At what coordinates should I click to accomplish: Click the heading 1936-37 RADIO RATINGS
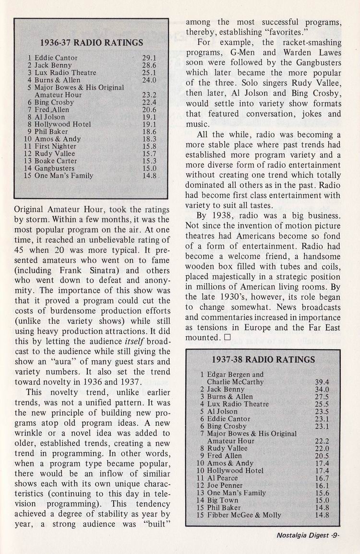91,42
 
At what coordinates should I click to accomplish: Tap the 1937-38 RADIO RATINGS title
263,360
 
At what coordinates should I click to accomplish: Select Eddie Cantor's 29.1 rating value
150,58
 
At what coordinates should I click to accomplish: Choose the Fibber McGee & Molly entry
244,515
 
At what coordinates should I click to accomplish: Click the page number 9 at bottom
336,537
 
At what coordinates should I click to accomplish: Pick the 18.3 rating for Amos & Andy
150,139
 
